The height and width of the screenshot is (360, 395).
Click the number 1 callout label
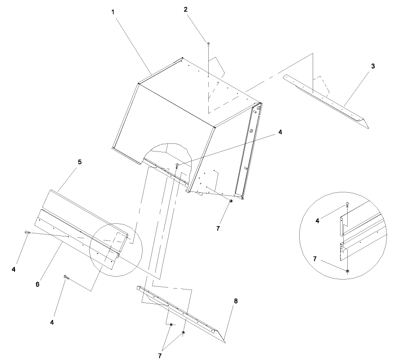[113, 13]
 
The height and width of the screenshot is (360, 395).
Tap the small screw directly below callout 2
[208, 44]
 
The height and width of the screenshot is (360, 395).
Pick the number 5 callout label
[79, 162]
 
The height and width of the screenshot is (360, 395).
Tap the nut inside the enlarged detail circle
[347, 271]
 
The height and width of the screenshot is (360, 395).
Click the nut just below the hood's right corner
[231, 201]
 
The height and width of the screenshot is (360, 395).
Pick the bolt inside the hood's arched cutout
[178, 166]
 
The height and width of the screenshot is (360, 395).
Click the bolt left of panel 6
[27, 232]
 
